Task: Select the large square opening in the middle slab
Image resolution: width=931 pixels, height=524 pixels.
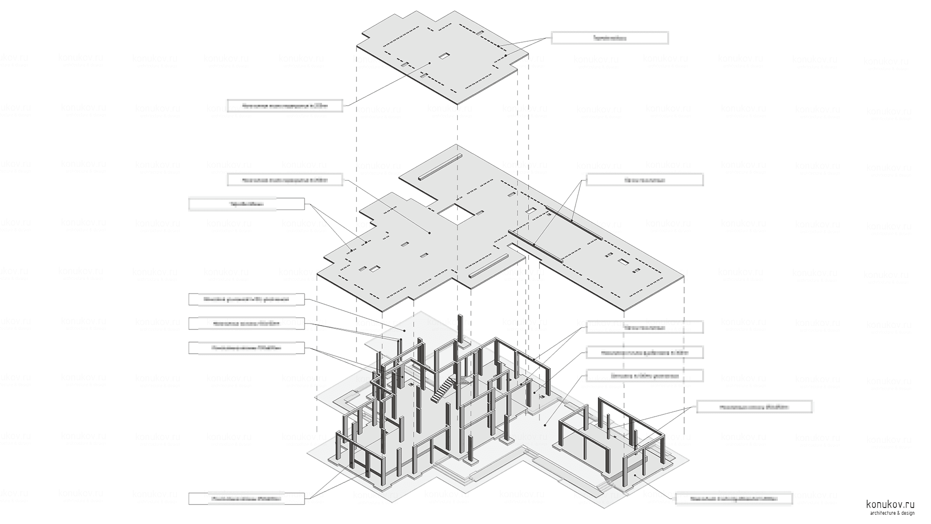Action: tap(456, 213)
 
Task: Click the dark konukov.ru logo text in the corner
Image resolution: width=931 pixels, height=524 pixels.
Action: tap(890, 505)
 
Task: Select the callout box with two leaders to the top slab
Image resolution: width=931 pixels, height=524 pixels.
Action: tap(610, 38)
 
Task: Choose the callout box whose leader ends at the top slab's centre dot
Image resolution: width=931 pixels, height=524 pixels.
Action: tap(285, 105)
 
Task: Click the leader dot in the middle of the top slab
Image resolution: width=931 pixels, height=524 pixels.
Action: tap(430, 63)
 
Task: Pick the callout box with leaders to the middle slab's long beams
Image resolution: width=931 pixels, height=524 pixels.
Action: tap(644, 180)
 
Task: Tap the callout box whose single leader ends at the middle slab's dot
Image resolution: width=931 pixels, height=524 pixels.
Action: tap(285, 180)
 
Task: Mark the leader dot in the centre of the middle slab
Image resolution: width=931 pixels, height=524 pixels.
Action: tap(430, 233)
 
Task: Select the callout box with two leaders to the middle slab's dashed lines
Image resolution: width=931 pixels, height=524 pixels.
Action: tap(246, 204)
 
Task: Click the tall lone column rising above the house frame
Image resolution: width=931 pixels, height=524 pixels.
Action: tap(460, 329)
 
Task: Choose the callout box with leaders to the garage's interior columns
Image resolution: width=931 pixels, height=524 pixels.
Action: tap(754, 407)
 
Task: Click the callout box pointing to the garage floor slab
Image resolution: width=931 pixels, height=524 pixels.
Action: tap(734, 498)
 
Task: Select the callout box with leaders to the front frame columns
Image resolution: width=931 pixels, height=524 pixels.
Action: tap(246, 498)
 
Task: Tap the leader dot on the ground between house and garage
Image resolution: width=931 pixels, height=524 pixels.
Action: tap(546, 425)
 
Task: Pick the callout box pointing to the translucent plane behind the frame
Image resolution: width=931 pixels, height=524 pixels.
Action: tap(246, 299)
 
